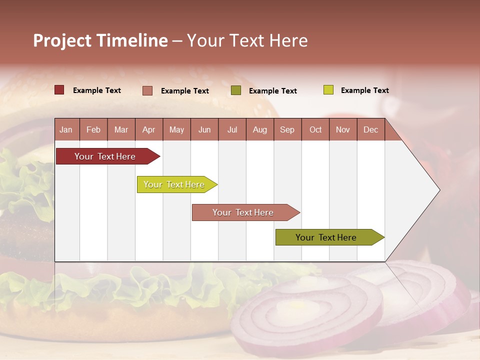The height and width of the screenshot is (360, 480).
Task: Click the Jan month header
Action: click(66, 130)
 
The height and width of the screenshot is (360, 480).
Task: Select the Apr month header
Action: click(148, 130)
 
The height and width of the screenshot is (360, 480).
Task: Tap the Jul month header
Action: click(232, 130)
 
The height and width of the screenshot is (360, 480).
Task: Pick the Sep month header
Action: click(287, 130)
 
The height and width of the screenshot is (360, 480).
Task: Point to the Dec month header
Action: click(370, 130)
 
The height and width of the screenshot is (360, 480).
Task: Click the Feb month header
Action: click(93, 130)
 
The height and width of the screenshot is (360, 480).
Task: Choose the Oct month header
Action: click(315, 130)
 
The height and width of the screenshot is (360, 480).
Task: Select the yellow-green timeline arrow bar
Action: click(175, 184)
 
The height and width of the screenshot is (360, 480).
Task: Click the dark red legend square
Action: click(59, 90)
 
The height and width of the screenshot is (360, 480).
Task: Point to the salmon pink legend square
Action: click(147, 90)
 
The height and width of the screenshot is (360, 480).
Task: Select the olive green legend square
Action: click(236, 90)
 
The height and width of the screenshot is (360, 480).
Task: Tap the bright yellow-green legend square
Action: click(328, 90)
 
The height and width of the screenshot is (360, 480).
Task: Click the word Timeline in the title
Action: click(132, 40)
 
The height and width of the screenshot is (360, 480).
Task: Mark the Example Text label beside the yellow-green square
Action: click(364, 90)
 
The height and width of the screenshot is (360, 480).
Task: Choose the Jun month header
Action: click(204, 130)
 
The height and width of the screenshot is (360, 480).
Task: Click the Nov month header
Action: click(343, 130)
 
